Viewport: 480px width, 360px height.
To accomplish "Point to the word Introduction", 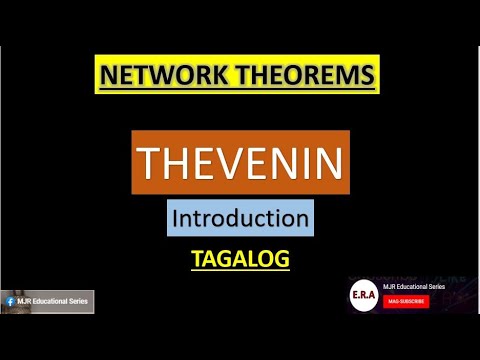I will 239,217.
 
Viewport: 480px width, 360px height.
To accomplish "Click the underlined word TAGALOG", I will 240,259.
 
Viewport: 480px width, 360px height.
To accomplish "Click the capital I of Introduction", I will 176,217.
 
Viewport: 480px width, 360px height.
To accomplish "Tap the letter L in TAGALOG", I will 253,259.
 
